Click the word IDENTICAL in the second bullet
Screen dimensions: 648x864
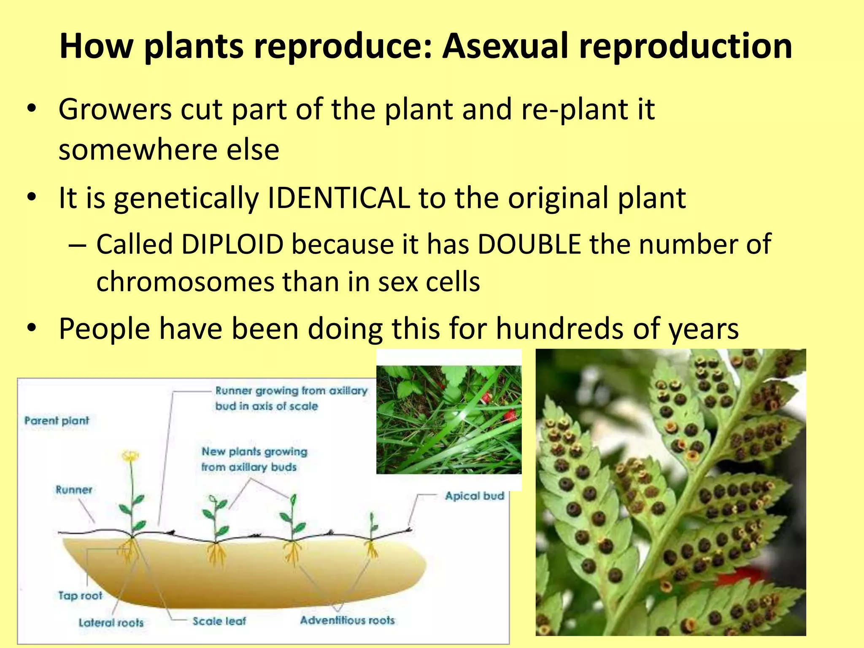pyautogui.click(x=339, y=198)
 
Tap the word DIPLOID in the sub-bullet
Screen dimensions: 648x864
pyautogui.click(x=232, y=244)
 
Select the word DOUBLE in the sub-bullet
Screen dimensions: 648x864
pyautogui.click(x=529, y=244)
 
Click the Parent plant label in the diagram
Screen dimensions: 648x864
pyautogui.click(x=57, y=421)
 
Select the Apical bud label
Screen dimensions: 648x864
pyautogui.click(x=475, y=496)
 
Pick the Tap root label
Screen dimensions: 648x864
pyautogui.click(x=80, y=596)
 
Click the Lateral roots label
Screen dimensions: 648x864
pyautogui.click(x=111, y=623)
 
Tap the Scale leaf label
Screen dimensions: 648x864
pyautogui.click(x=219, y=621)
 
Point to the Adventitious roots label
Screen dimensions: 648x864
pyautogui.click(x=347, y=620)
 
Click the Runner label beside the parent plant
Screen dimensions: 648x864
pyautogui.click(x=74, y=490)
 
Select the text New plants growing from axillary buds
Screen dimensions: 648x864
pyautogui.click(x=254, y=459)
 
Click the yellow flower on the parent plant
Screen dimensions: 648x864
pyautogui.click(x=130, y=456)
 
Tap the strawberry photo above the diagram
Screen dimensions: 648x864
pyautogui.click(x=448, y=419)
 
